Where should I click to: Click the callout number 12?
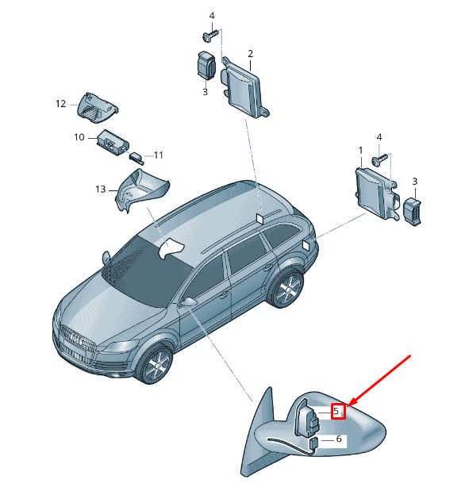tap(60, 104)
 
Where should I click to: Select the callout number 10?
tap(79, 137)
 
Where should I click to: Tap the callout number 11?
tap(158, 155)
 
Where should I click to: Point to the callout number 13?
tap(100, 190)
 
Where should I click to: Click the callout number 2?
tap(250, 54)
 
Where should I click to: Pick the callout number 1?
tap(360, 150)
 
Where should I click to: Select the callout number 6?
tap(339, 439)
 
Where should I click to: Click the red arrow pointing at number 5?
tap(379, 381)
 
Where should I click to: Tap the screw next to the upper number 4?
tap(211, 35)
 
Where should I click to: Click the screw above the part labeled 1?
tap(380, 159)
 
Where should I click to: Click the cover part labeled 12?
tap(97, 108)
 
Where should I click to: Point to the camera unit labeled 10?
tap(113, 142)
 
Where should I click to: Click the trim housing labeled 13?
tap(140, 190)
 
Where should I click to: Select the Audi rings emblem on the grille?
tap(76, 339)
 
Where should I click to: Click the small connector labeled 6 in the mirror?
tap(314, 443)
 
